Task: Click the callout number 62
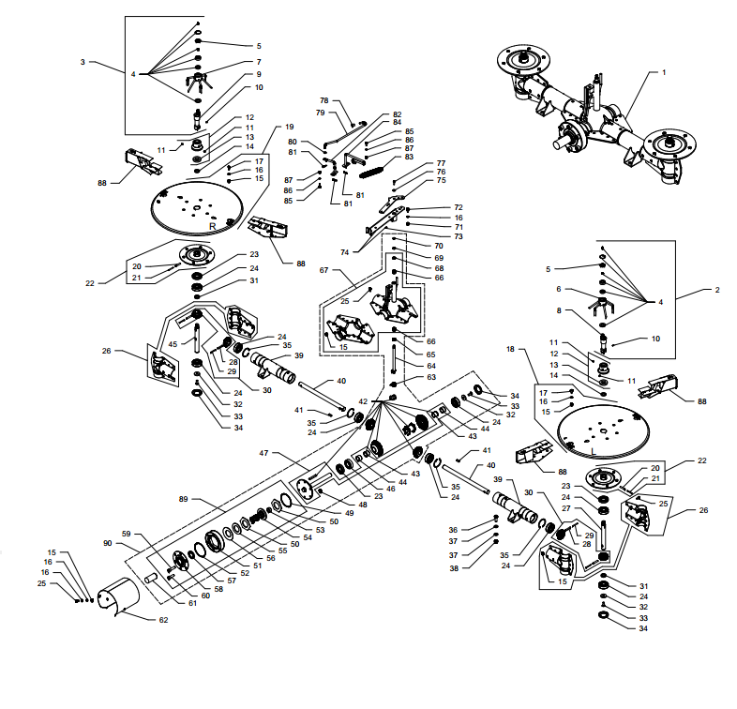pos(163,620)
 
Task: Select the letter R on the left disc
pos(213,227)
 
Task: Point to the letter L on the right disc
pos(594,452)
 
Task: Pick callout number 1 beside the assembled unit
pos(664,72)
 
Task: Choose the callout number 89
pos(183,499)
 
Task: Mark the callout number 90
pos(108,543)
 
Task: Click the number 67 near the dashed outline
pos(323,270)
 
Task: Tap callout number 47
pos(263,453)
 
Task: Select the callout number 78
pos(323,100)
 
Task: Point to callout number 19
pos(289,127)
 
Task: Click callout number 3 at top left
pos(83,62)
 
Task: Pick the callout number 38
pos(454,568)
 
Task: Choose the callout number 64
pos(431,366)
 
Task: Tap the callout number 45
pos(173,343)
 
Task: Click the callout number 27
pos(566,508)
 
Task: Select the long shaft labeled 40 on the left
pos(322,397)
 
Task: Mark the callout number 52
pos(245,573)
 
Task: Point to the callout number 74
pos(344,252)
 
